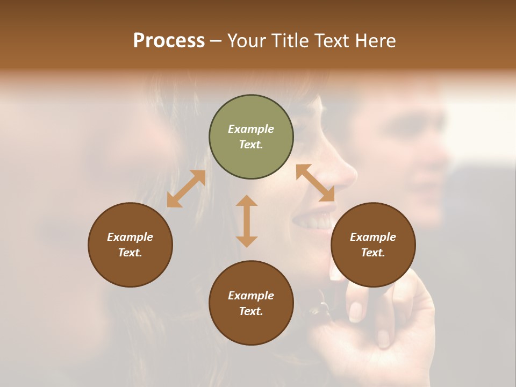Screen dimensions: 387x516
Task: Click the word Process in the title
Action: [x=169, y=41]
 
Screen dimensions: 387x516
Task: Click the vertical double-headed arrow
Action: [x=247, y=221]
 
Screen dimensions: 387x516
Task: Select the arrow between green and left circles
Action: [x=186, y=189]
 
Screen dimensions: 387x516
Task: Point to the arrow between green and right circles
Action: [x=316, y=183]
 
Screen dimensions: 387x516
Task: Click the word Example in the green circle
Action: [x=251, y=129]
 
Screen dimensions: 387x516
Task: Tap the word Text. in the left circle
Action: [x=130, y=253]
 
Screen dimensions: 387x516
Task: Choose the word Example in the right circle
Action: [x=373, y=237]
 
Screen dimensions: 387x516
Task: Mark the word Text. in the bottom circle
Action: [x=251, y=311]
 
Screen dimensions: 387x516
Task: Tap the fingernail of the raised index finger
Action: [x=355, y=311]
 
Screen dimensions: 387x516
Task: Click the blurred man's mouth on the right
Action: [x=425, y=188]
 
